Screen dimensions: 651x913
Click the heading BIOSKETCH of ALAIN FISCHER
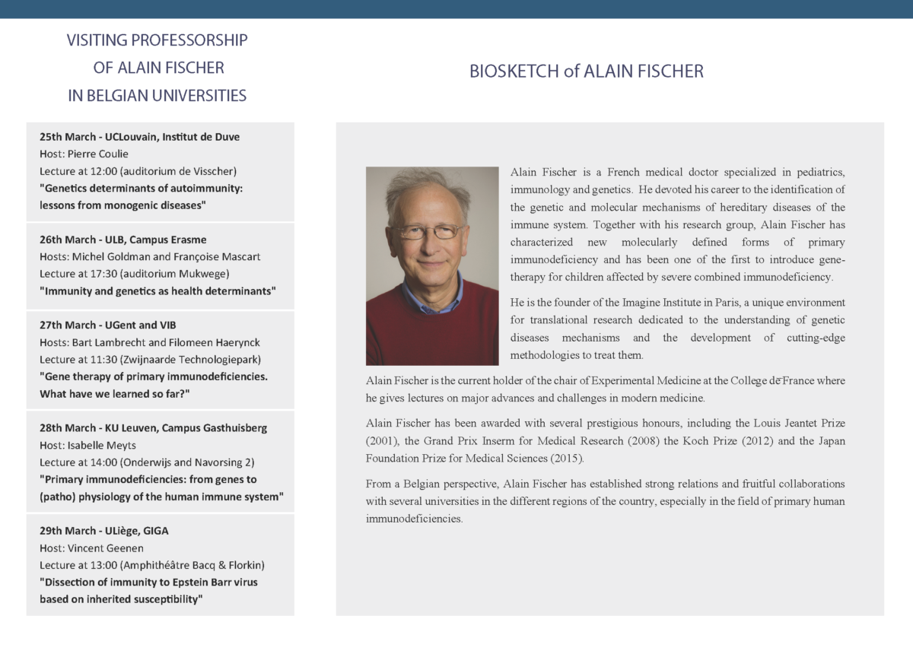pyautogui.click(x=586, y=71)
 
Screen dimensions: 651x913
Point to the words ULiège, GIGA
pyautogui.click(x=137, y=531)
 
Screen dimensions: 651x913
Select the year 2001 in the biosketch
pyautogui.click(x=382, y=440)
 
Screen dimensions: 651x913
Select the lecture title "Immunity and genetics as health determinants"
pyautogui.click(x=157, y=291)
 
